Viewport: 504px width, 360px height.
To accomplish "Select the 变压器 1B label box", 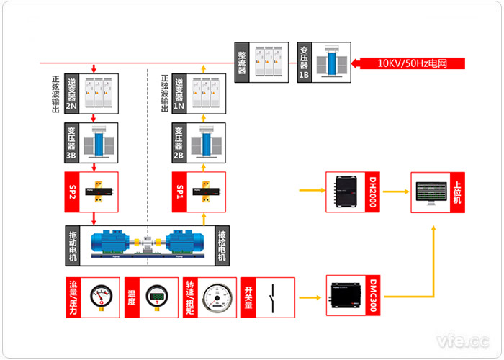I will (304, 63).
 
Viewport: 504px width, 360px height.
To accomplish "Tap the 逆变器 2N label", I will (71, 93).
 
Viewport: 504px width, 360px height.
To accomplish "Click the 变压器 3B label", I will (71, 142).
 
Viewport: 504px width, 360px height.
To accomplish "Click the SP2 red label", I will (71, 192).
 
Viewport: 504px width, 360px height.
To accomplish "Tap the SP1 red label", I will (180, 192).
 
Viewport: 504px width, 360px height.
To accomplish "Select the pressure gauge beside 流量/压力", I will (102, 297).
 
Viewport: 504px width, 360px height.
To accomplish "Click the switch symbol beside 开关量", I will (272, 297).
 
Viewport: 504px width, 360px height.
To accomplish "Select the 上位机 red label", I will (457, 192).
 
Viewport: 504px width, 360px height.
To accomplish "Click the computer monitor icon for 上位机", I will (431, 192).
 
